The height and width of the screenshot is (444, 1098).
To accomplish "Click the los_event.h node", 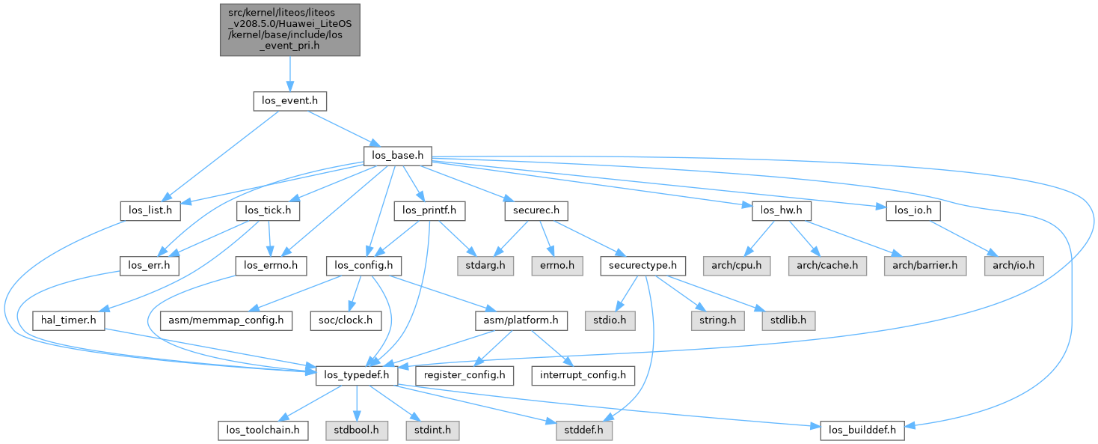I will (x=289, y=100).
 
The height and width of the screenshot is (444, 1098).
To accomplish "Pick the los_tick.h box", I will (x=268, y=211).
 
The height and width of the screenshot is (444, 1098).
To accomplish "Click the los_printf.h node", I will (x=429, y=211).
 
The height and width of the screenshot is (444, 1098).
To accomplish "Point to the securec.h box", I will (x=530, y=211).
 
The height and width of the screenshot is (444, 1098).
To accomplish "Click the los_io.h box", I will (x=913, y=211).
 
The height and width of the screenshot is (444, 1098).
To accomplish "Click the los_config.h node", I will (x=364, y=265).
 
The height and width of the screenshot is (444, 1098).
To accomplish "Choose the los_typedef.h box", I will (x=355, y=374).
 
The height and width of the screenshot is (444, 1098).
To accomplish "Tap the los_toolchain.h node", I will (x=263, y=430).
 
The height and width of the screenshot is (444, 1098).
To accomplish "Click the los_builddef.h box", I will (x=862, y=430).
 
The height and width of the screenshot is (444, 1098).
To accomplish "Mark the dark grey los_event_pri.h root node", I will (x=289, y=29).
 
